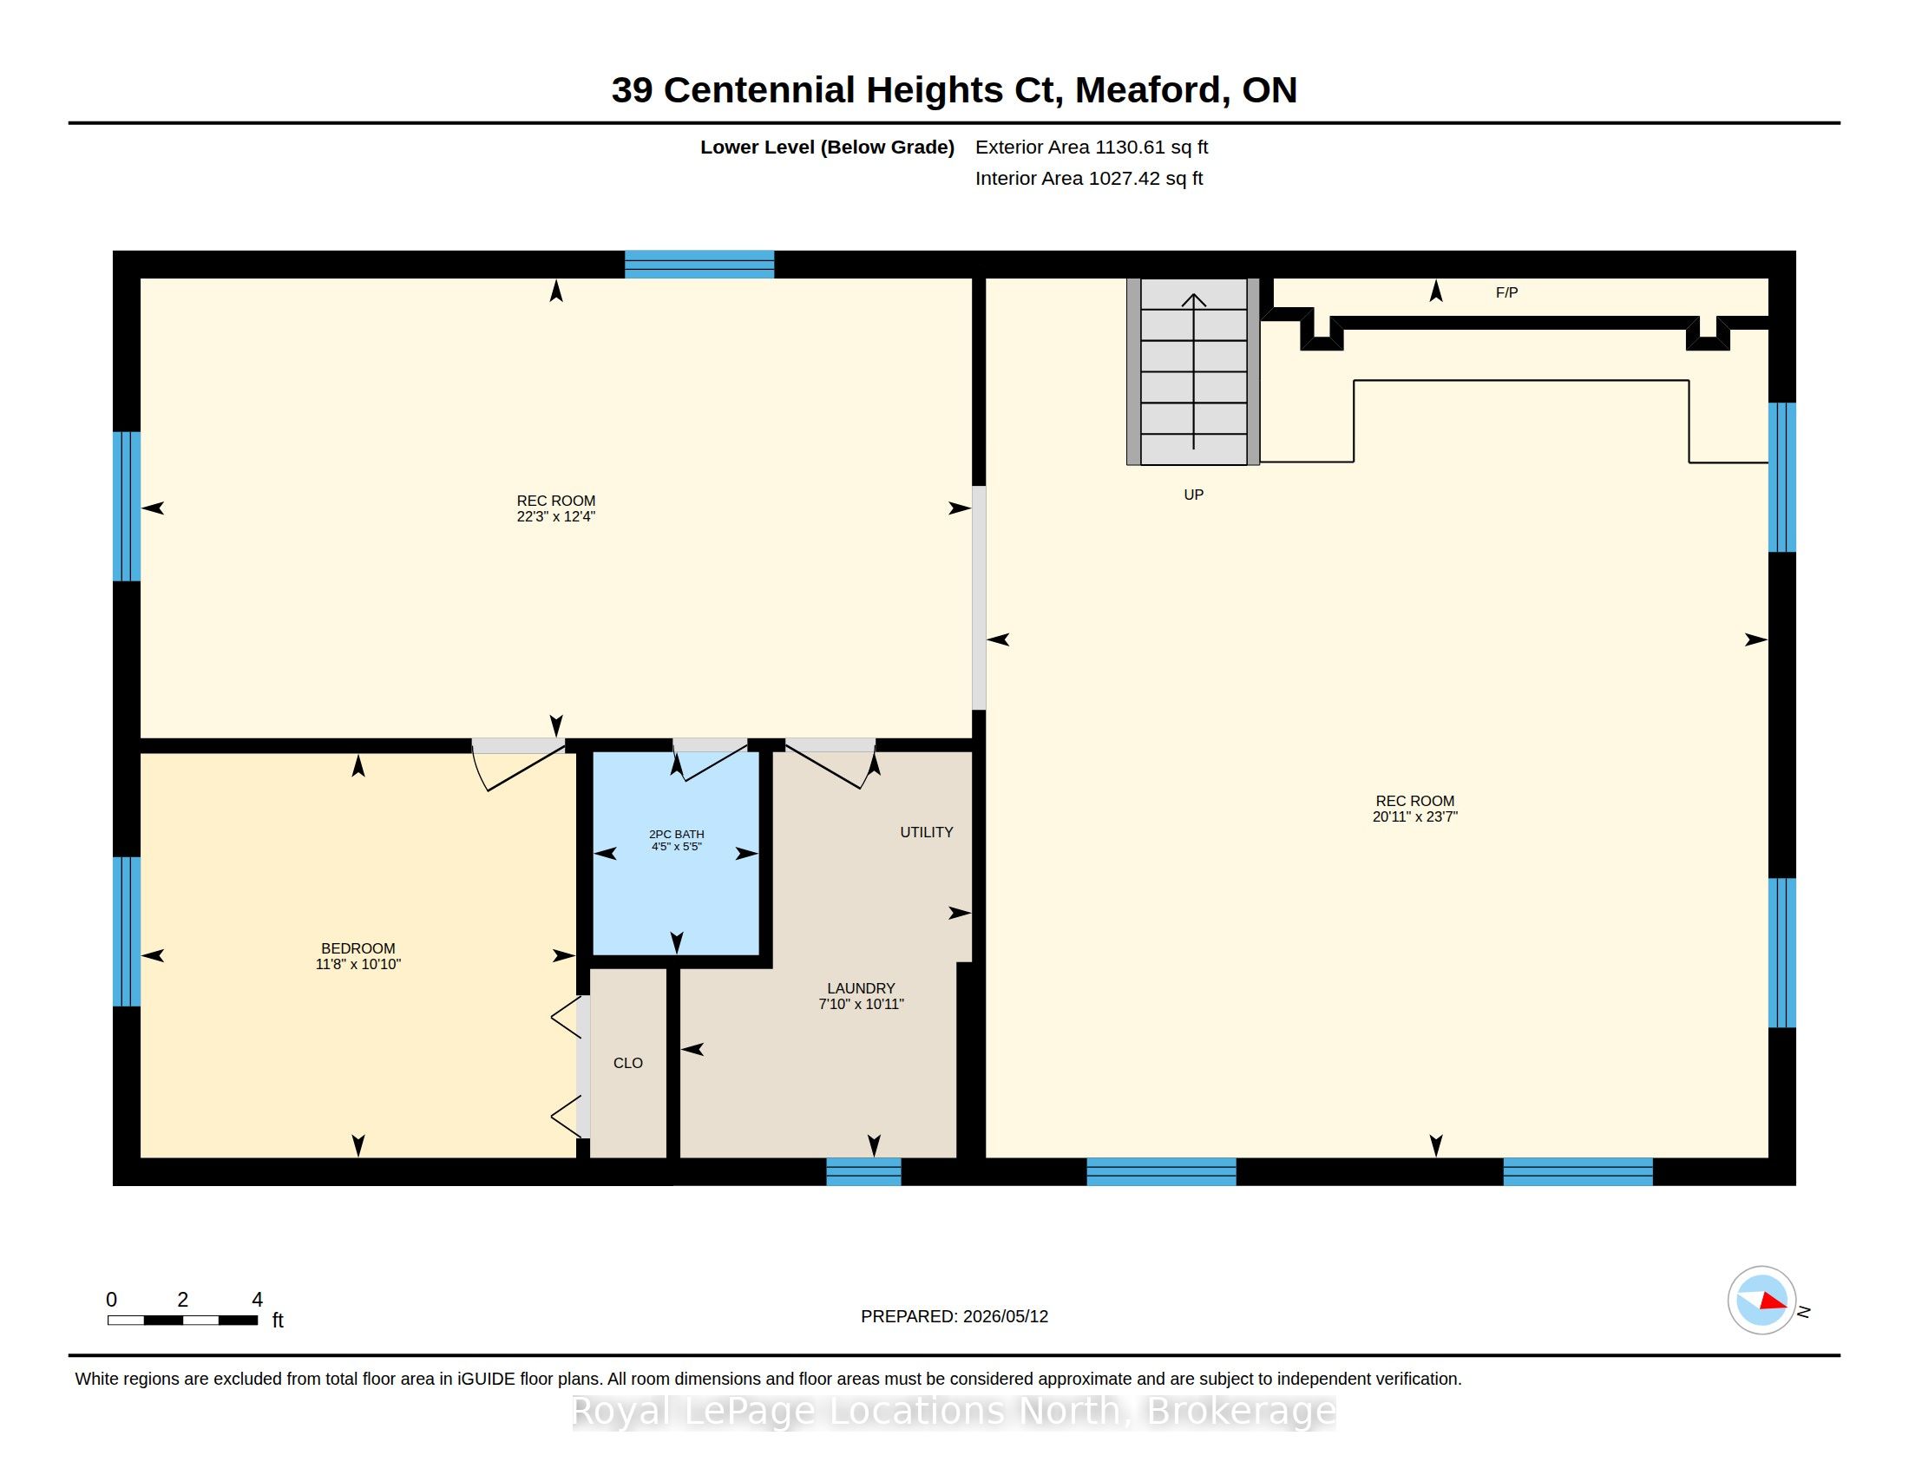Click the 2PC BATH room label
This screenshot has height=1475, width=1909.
pos(677,834)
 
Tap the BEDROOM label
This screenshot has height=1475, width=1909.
pos(358,948)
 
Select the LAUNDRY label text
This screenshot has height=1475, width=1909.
pos(861,988)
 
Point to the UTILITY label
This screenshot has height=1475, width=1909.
pos(927,832)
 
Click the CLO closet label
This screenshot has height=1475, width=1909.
pos(627,1063)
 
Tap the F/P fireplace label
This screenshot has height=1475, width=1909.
pos(1507,292)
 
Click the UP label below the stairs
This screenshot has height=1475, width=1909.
pos(1193,495)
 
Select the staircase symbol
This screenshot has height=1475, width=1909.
pos(1193,371)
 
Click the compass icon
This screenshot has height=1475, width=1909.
pos(1761,1301)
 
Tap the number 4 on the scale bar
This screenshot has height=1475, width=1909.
pos(257,1300)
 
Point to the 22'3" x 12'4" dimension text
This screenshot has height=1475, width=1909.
pos(556,516)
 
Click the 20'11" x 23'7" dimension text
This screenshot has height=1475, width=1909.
pos(1415,816)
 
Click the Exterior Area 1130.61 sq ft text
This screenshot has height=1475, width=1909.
pos(1092,147)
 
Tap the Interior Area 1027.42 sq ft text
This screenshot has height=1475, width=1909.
pos(1089,178)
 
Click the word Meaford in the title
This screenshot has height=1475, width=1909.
pos(1148,90)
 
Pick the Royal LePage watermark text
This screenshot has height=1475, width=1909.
pos(954,1411)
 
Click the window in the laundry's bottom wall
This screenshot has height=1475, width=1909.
pos(863,1172)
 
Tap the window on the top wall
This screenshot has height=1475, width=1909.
pos(699,264)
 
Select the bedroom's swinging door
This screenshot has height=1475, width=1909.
pos(518,764)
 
